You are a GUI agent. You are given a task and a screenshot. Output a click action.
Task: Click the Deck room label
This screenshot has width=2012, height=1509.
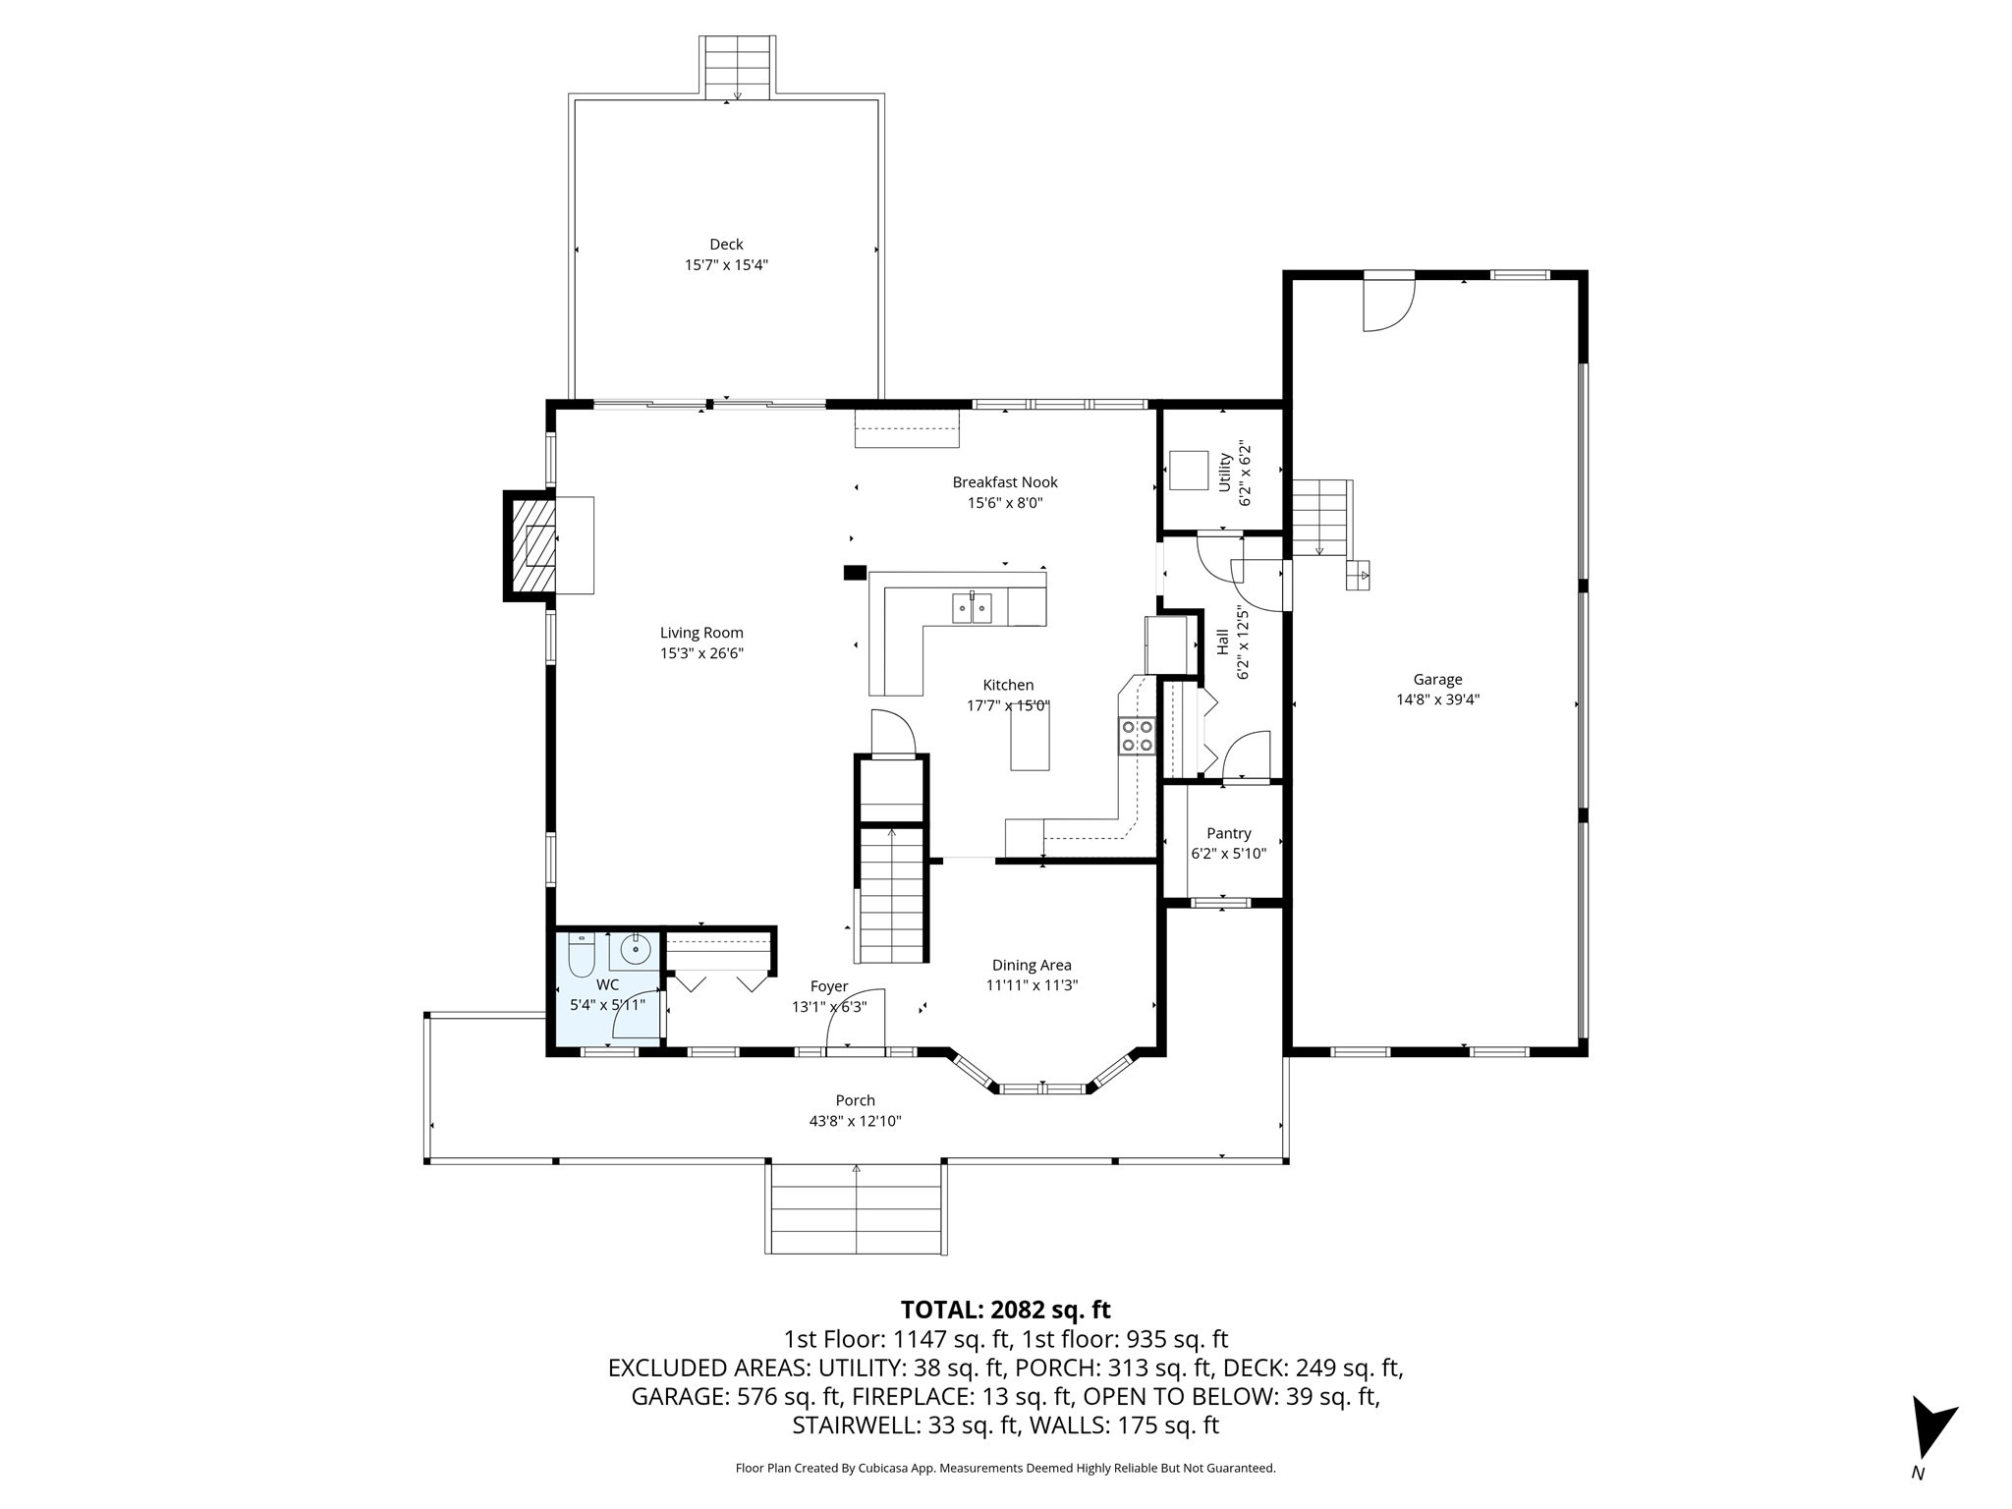point(726,245)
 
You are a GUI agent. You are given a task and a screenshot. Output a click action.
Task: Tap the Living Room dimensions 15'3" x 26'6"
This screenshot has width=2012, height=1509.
point(701,653)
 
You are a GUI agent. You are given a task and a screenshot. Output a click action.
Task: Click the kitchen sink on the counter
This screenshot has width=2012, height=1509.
point(971,608)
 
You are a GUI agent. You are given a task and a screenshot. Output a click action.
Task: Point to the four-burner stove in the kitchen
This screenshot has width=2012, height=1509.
point(1137,736)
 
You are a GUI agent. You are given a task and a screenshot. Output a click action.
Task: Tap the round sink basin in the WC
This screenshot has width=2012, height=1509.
point(636,949)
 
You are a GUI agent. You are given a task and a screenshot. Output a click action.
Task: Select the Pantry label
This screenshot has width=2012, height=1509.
point(1228,833)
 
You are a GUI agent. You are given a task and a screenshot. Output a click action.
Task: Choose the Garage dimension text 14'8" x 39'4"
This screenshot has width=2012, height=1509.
point(1437,699)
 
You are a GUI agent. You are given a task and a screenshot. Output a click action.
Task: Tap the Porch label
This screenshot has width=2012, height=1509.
point(855,1100)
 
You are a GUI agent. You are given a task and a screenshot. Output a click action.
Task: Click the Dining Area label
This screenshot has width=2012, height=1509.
point(1032,965)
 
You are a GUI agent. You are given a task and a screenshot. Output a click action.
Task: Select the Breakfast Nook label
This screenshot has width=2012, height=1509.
point(1004,482)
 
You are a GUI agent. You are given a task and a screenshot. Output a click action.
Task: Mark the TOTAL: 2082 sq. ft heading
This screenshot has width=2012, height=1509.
point(1005,1310)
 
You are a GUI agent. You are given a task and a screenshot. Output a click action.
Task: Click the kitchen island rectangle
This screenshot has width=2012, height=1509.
point(1030,737)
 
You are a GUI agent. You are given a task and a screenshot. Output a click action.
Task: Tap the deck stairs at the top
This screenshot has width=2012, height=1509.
point(737,67)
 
